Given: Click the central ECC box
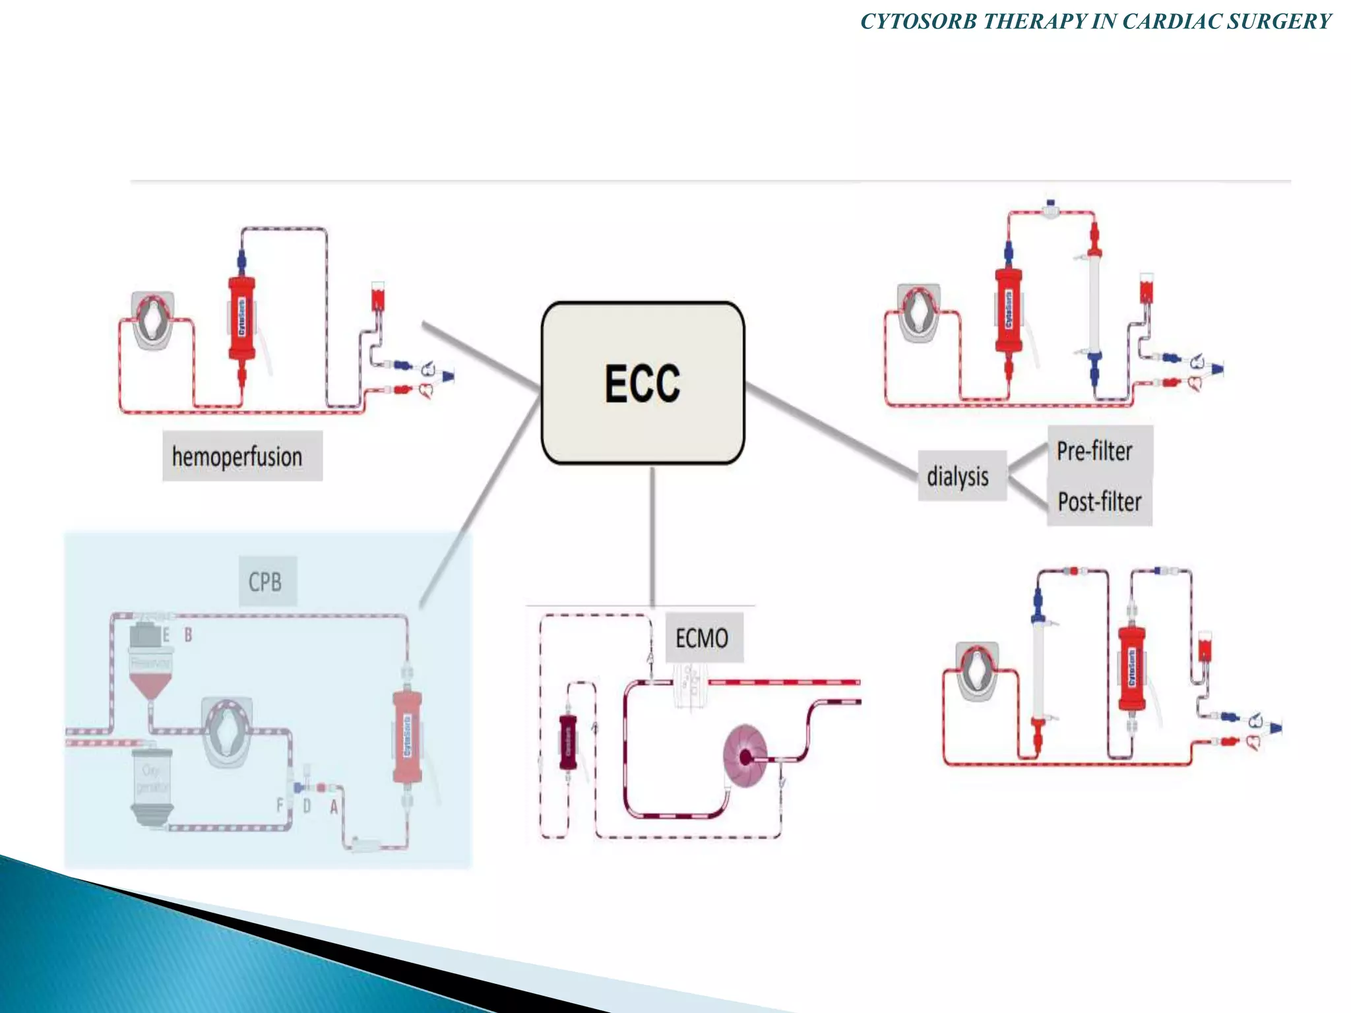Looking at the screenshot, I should pyautogui.click(x=643, y=383).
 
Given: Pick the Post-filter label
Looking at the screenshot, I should pyautogui.click(x=1099, y=502).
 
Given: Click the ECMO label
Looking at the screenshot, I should pyautogui.click(x=703, y=638).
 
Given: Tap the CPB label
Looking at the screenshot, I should pyautogui.click(x=267, y=582).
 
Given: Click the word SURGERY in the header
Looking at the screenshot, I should pyautogui.click(x=1279, y=21).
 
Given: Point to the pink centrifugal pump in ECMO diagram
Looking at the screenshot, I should pyautogui.click(x=745, y=756).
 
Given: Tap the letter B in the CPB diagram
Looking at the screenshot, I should pyautogui.click(x=188, y=634).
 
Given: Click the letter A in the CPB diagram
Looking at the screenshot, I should pyautogui.click(x=334, y=806).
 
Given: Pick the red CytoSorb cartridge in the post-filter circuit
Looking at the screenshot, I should pyautogui.click(x=1132, y=669).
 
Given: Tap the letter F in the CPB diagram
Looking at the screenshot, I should pyautogui.click(x=280, y=805).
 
